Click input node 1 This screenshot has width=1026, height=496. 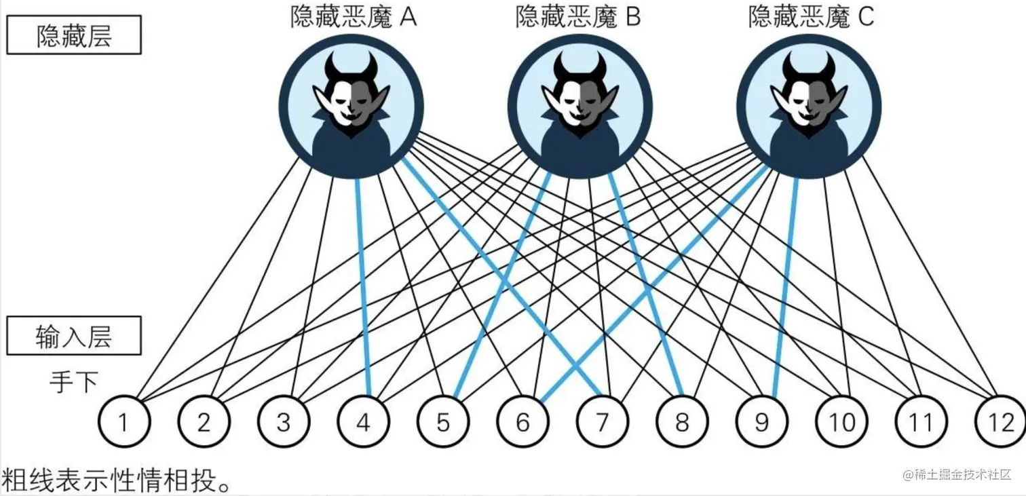[x=123, y=423]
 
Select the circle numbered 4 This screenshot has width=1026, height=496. [x=363, y=423]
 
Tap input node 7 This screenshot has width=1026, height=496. [x=602, y=423]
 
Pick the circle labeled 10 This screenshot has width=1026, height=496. [x=841, y=423]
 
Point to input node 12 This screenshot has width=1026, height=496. [x=1000, y=423]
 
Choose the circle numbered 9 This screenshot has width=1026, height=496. [x=761, y=423]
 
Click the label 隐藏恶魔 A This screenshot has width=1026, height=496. [x=353, y=17]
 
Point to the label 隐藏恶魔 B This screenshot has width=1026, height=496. [x=578, y=17]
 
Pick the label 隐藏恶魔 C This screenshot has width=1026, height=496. [x=811, y=17]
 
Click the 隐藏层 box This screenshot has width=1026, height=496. [x=74, y=35]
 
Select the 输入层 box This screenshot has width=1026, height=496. [x=74, y=336]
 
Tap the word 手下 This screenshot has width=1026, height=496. [x=73, y=382]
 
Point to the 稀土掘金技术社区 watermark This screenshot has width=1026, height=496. [x=957, y=474]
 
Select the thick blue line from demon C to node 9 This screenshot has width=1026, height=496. [x=785, y=285]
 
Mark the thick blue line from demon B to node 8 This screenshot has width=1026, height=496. [x=645, y=285]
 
